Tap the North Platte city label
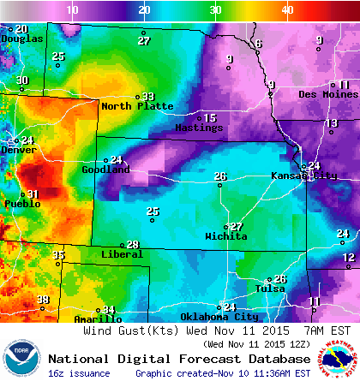pyautogui.click(x=137, y=106)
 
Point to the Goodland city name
pyautogui.click(x=105, y=170)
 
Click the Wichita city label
pyautogui.click(x=226, y=235)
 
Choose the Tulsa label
pyautogui.click(x=270, y=289)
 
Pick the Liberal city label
pyautogui.click(x=122, y=254)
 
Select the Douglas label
pyautogui.click(x=21, y=39)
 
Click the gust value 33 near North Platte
pyautogui.click(x=148, y=97)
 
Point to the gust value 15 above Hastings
pyautogui.click(x=210, y=118)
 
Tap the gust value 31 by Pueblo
pyautogui.click(x=33, y=194)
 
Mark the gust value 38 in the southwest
pyautogui.click(x=43, y=299)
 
